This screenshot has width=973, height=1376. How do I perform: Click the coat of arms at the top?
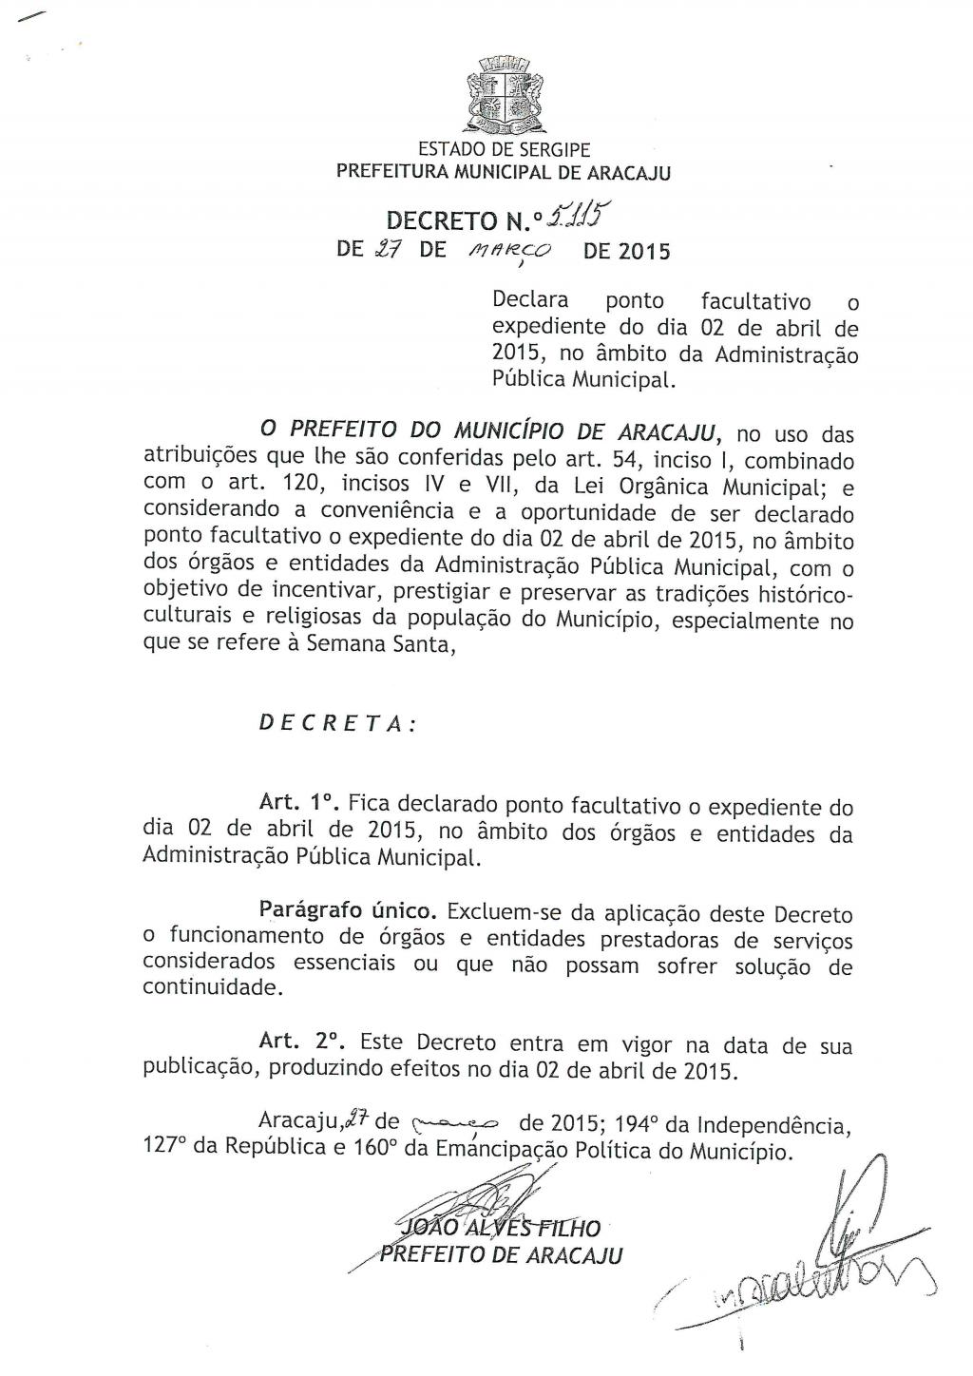pos(505,96)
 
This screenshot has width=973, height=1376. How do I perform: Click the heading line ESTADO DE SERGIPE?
pos(505,150)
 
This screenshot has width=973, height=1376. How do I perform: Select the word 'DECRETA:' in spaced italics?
pos(337,722)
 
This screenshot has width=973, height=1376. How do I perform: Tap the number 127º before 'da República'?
pos(162,1151)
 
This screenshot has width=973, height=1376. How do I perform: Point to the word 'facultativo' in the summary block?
pos(756,302)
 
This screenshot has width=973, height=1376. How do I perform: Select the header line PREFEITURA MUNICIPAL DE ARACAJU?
pos(505,173)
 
